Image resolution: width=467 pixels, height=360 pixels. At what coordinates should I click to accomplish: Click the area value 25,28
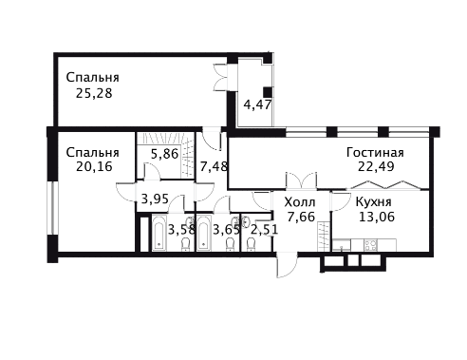coord(94,93)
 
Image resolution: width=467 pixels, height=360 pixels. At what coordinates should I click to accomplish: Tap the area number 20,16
coord(94,166)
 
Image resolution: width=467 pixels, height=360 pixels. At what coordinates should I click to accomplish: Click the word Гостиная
coord(375,152)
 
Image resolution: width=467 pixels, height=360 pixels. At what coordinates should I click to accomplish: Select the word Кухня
coord(373,201)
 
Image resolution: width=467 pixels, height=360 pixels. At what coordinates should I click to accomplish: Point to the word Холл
coord(300,202)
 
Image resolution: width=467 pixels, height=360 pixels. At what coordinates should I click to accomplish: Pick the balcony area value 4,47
coord(257,104)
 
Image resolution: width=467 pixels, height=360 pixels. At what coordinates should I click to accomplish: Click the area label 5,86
coord(164,154)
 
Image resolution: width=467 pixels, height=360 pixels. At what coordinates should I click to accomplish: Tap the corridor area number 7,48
coord(214,166)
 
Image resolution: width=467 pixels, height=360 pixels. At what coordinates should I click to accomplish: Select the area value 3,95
coord(155,199)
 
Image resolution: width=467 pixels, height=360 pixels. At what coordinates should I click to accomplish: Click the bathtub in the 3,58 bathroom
coord(159,233)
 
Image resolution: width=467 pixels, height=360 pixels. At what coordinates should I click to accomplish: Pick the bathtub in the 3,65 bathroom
coord(204,233)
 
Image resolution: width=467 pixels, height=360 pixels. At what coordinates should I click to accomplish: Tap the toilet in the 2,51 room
coord(251,244)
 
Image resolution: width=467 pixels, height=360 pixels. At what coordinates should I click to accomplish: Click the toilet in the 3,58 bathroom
coord(186,244)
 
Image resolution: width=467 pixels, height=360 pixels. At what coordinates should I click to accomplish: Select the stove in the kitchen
coord(371,245)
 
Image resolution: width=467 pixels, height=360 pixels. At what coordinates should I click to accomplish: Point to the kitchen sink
coord(341,245)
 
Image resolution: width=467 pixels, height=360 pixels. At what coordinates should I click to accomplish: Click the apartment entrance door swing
coord(287,265)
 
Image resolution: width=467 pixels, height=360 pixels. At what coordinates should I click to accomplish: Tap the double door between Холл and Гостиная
coord(301,181)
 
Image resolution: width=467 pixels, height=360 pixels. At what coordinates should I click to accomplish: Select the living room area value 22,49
coord(376,166)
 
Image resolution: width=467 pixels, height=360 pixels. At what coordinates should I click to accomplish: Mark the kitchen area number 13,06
coord(377,217)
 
